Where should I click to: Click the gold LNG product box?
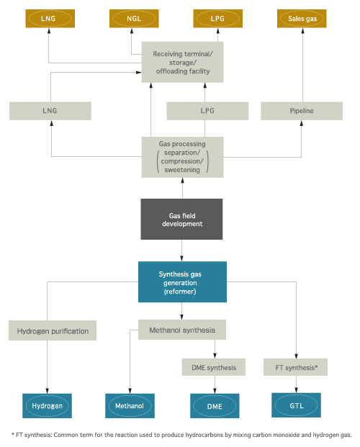(50, 19)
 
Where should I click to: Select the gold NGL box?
(134, 19)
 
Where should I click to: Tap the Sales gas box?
(302, 19)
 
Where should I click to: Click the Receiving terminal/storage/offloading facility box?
(183, 62)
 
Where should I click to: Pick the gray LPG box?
(207, 111)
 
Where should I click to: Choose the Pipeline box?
(302, 111)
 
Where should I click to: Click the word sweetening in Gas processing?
(182, 170)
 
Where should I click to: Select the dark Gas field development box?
(181, 220)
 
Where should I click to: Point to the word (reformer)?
(180, 292)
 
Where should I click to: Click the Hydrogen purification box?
(53, 330)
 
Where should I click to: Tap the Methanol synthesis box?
(182, 330)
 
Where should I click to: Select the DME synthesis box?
(214, 367)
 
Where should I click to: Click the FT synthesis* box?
(295, 367)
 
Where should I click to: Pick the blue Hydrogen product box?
(47, 406)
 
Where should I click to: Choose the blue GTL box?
(296, 405)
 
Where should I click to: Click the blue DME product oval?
(215, 406)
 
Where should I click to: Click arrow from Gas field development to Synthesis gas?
(181, 250)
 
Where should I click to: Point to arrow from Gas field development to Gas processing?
(183, 188)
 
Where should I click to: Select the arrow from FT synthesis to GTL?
(296, 384)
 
